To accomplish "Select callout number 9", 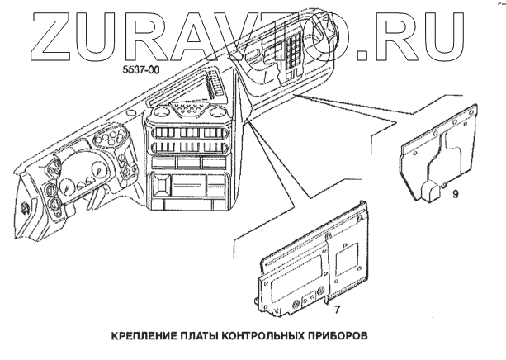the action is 455,196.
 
